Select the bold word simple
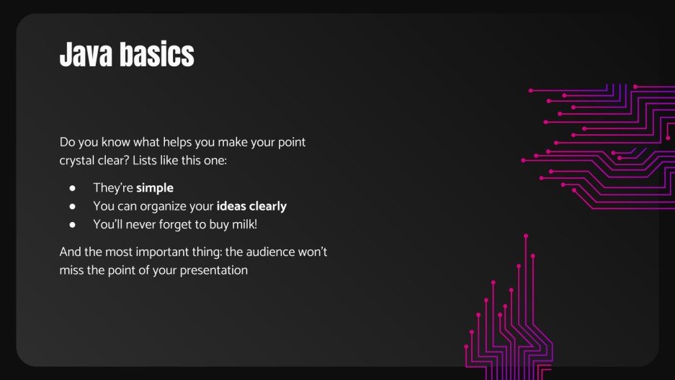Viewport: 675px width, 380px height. (155, 188)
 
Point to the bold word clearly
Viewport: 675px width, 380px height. (268, 206)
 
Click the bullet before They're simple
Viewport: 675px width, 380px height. (73, 188)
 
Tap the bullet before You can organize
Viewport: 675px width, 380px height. (73, 206)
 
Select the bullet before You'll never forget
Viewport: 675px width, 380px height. (73, 224)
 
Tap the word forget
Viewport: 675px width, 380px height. (176, 224)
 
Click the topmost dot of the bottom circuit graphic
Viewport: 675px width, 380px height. (526, 236)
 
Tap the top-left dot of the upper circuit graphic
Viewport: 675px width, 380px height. (531, 91)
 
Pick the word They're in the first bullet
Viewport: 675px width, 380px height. (113, 188)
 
